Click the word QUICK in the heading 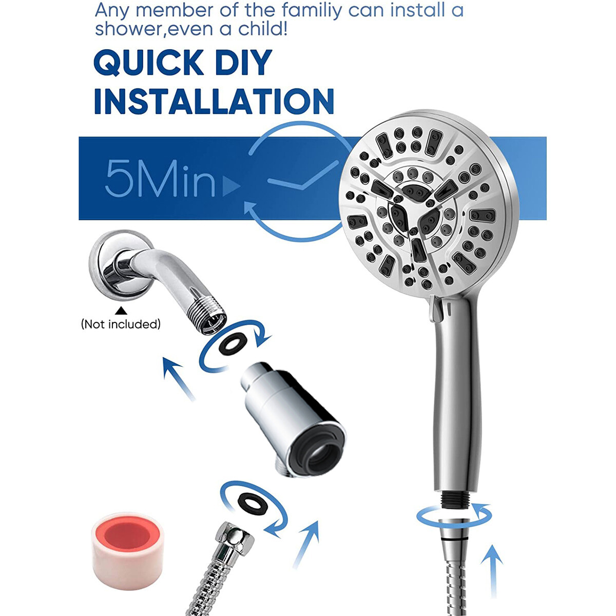[149, 64]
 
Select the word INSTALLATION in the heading [214, 101]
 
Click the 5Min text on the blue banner [160, 178]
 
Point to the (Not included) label [121, 324]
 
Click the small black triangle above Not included [121, 311]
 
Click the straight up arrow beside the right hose [493, 570]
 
